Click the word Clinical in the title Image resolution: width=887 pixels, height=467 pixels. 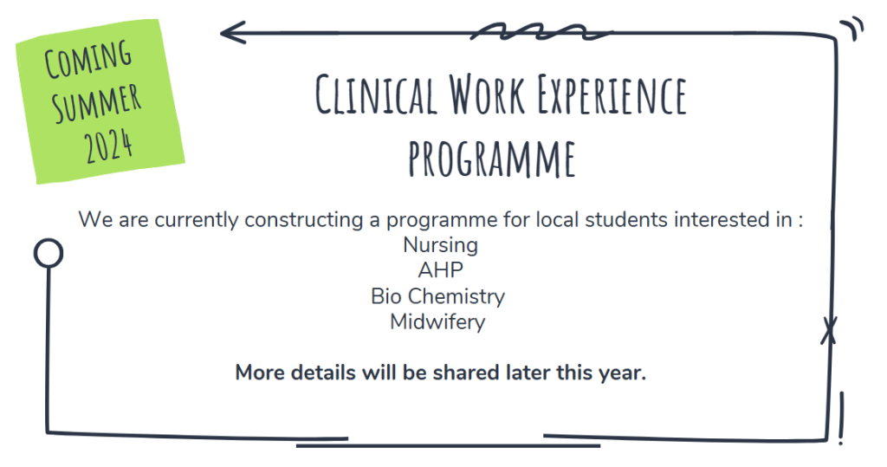[376, 94]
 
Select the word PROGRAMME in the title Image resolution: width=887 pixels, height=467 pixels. [492, 159]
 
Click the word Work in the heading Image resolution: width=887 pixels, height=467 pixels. [487, 94]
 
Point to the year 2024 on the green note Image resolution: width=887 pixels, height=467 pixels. [108, 146]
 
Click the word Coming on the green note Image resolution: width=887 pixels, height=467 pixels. [87, 59]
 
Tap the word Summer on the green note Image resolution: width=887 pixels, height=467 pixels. [96, 102]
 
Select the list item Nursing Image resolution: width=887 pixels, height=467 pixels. [441, 245]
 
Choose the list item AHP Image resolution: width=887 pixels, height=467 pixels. [441, 270]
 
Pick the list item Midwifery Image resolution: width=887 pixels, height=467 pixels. [437, 322]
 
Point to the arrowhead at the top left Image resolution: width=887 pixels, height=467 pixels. [232, 32]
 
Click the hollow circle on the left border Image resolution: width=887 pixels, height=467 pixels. [49, 253]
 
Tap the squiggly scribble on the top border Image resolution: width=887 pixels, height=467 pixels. [541, 32]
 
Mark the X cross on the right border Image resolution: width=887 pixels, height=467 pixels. [829, 331]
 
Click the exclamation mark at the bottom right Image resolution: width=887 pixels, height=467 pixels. [841, 418]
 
